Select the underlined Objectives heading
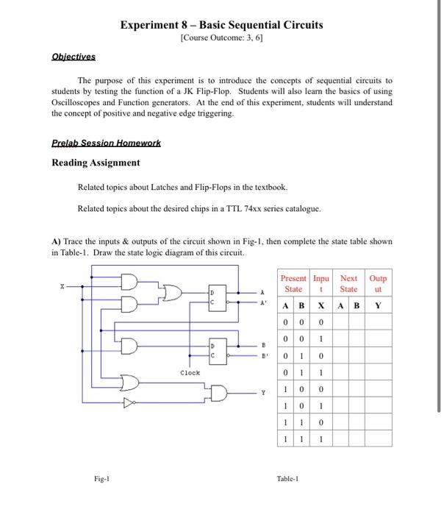click(73, 57)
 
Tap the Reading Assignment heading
click(96, 162)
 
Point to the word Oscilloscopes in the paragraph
click(81, 102)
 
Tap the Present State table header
click(294, 284)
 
